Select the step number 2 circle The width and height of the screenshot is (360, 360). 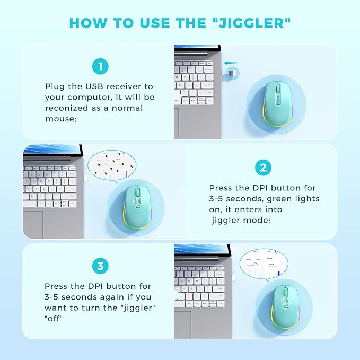point(263,169)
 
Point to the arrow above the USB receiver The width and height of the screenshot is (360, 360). point(232,63)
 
